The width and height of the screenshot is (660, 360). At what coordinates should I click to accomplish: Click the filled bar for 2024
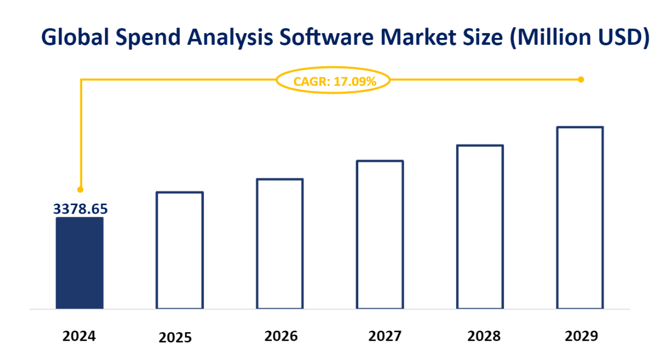click(79, 263)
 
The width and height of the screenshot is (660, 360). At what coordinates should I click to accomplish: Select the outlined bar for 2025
click(179, 250)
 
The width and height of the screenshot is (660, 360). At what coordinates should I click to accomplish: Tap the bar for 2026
click(280, 244)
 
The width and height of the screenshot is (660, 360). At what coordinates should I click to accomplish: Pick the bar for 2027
click(380, 234)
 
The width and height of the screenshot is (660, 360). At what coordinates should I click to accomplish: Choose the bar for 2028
click(480, 226)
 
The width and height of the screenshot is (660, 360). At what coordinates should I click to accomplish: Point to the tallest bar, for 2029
click(580, 217)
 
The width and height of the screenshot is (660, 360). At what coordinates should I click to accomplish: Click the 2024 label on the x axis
click(79, 336)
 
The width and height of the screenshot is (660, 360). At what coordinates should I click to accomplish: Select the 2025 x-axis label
click(175, 338)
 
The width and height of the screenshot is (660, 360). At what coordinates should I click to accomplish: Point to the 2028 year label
click(484, 336)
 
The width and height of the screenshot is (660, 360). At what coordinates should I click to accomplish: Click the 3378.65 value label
click(80, 209)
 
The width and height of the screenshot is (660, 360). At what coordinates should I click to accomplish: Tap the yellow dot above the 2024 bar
click(81, 190)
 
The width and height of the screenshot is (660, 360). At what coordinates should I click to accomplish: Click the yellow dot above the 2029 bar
click(581, 80)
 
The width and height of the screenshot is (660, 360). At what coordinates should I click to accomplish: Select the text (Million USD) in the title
click(579, 38)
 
